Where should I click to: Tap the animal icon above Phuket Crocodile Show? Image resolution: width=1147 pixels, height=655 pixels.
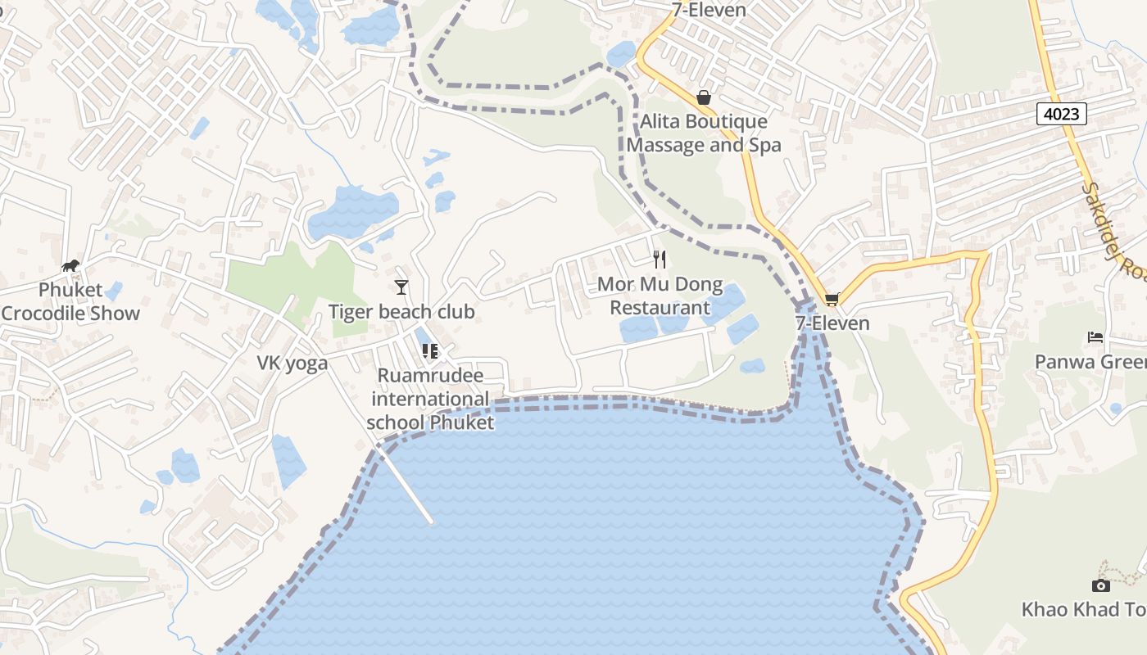[71, 265]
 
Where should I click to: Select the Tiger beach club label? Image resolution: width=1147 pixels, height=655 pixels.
[401, 312]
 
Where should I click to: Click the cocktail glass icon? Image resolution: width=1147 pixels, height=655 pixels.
[401, 287]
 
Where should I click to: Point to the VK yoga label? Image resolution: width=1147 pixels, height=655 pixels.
[292, 364]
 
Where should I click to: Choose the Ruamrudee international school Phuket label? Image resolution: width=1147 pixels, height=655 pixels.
[430, 399]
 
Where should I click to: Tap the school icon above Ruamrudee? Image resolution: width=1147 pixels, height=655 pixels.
[430, 351]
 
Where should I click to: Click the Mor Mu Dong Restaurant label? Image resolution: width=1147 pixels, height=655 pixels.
[660, 296]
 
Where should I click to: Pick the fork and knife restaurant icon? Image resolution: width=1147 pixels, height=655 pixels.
[660, 260]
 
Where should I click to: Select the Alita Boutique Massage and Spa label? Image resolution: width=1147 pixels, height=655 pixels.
[704, 133]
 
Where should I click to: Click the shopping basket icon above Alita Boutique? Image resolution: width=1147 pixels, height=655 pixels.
[704, 97]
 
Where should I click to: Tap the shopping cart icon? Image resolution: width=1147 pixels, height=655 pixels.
[832, 300]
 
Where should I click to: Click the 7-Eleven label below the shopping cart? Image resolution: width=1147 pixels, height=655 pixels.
[832, 323]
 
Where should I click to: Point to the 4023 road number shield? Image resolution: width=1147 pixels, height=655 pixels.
[1062, 114]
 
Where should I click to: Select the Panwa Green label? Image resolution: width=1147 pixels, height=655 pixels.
[1090, 362]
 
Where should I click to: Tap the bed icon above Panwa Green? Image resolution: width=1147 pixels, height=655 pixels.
[1095, 337]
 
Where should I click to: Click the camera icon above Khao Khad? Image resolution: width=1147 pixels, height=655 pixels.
[1101, 585]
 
